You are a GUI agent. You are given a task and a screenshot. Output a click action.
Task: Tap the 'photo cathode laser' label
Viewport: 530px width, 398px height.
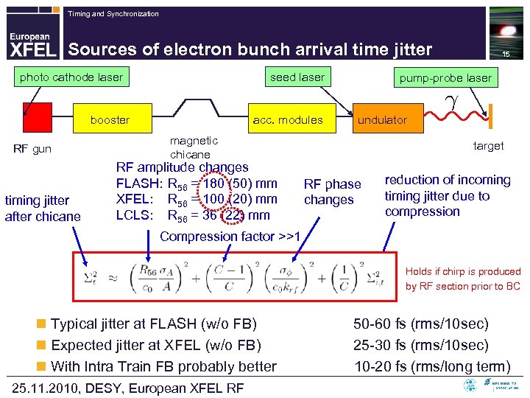(x=71, y=77)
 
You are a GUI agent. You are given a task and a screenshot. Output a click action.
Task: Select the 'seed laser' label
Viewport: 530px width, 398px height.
(x=297, y=77)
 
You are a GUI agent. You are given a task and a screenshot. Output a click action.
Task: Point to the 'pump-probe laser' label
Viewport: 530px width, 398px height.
(x=445, y=77)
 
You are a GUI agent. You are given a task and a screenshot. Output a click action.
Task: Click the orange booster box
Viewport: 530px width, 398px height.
(x=110, y=119)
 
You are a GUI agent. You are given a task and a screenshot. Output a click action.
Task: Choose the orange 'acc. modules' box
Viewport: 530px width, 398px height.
(x=287, y=119)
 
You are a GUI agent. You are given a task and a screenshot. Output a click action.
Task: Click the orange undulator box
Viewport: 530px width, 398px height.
(x=382, y=119)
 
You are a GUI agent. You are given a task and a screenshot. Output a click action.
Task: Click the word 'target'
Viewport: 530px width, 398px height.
(x=488, y=146)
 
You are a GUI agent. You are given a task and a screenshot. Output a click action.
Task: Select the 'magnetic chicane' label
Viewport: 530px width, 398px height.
(x=193, y=147)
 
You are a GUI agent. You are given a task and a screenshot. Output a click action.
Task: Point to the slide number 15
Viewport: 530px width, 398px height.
(x=506, y=55)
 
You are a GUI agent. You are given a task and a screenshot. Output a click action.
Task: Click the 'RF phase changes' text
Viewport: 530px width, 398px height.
(x=333, y=192)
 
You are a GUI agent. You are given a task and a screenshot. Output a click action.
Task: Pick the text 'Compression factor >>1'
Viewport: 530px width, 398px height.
(x=230, y=237)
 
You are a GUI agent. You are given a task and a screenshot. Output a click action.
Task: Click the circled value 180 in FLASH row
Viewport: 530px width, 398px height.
(x=219, y=184)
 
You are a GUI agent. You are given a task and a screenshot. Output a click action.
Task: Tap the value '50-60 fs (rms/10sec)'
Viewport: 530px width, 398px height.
(x=420, y=324)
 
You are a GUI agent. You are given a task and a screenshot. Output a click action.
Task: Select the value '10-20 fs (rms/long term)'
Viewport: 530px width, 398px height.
(x=432, y=366)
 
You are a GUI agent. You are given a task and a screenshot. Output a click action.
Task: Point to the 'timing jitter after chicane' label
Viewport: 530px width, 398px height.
(x=43, y=208)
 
